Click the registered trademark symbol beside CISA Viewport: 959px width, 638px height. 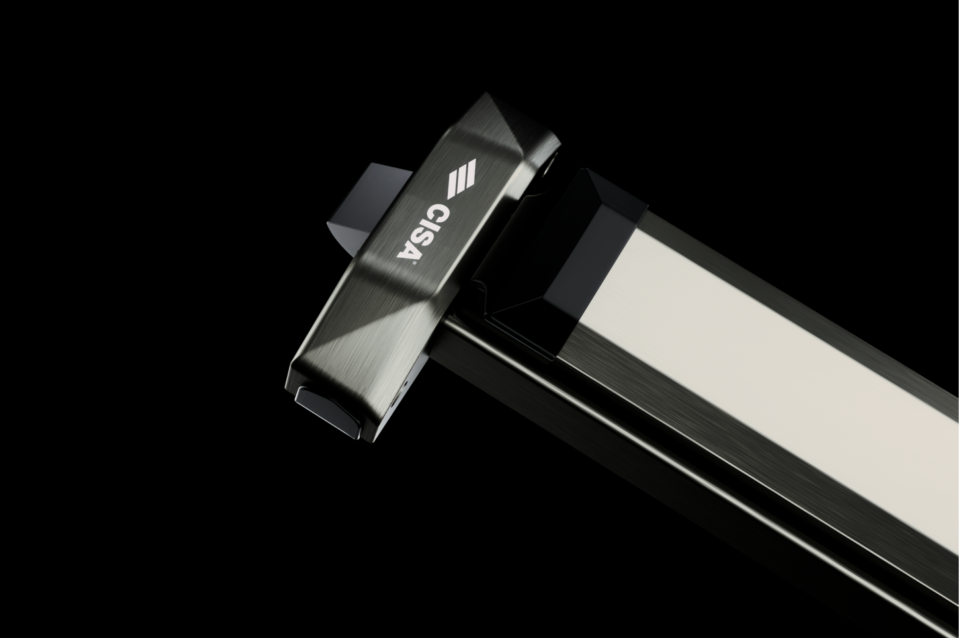412,264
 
